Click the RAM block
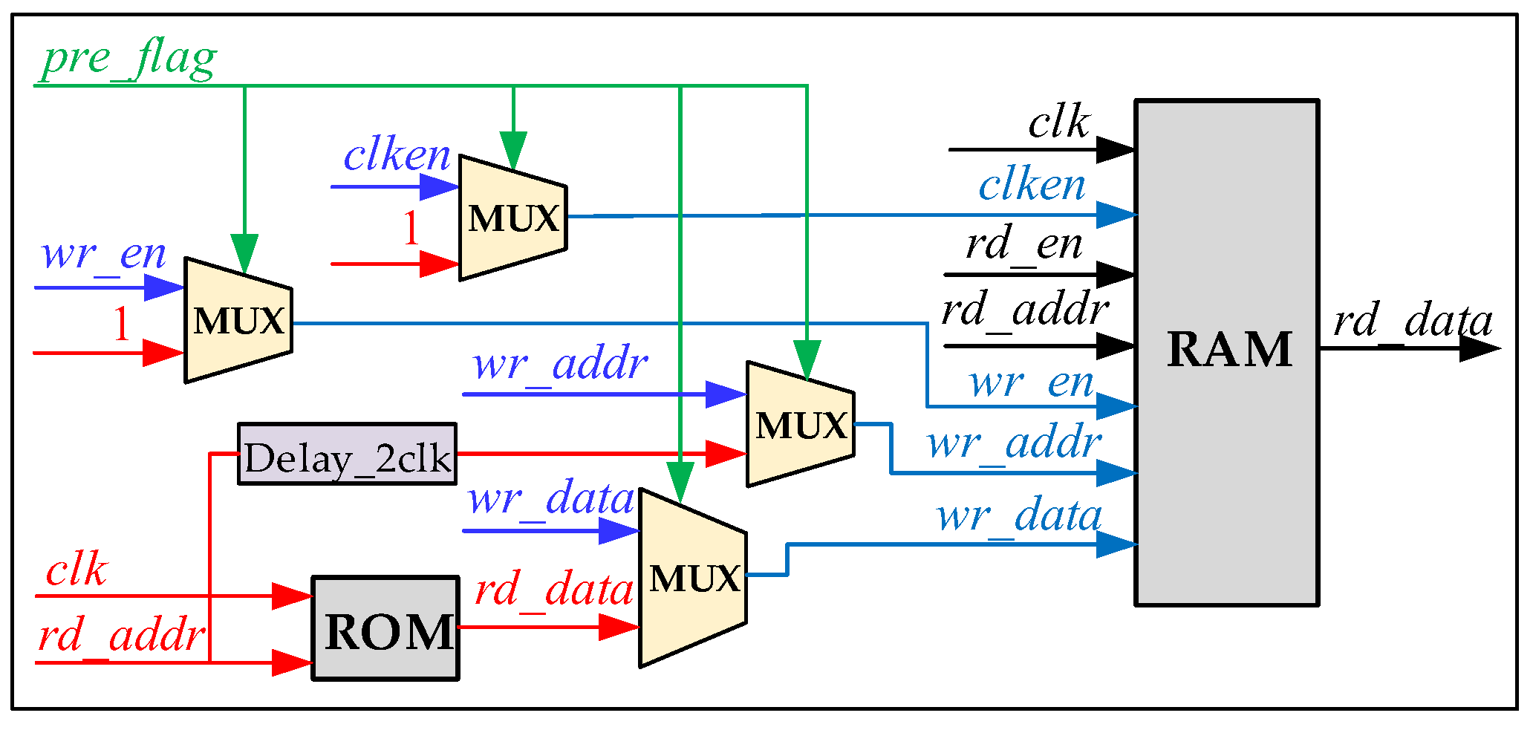click(1227, 352)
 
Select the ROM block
click(385, 628)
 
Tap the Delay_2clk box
click(347, 455)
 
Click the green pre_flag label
click(128, 59)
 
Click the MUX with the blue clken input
click(512, 218)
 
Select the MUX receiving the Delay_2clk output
click(800, 425)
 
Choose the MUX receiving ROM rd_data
click(693, 578)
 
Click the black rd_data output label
click(1412, 322)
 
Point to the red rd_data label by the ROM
click(553, 590)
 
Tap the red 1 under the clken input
click(411, 228)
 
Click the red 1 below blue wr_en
click(121, 324)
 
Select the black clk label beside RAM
click(1058, 123)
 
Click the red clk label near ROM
click(77, 570)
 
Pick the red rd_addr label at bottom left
click(121, 636)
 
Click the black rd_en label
click(1023, 244)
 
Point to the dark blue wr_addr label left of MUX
click(560, 365)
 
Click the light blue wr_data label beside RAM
click(1019, 516)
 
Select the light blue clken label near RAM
click(1032, 186)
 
